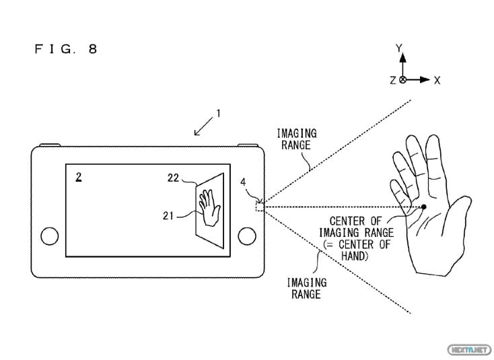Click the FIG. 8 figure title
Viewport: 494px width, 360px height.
(x=65, y=50)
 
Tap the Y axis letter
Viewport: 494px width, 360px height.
(x=398, y=48)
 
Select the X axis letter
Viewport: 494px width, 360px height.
(x=437, y=80)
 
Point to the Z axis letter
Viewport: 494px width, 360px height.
(x=392, y=80)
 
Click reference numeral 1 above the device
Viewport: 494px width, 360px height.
(x=216, y=113)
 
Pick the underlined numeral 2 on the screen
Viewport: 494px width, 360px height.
(x=79, y=177)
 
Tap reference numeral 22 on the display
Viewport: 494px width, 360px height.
(x=174, y=178)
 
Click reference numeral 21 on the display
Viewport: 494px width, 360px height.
(x=170, y=215)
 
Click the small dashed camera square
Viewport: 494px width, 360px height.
(x=260, y=206)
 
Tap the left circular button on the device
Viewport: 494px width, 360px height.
(x=50, y=236)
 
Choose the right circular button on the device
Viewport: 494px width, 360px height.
(x=248, y=236)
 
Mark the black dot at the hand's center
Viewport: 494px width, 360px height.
(x=424, y=206)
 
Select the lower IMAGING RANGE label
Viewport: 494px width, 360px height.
(x=306, y=288)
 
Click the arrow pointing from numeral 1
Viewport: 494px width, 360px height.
(x=203, y=127)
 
